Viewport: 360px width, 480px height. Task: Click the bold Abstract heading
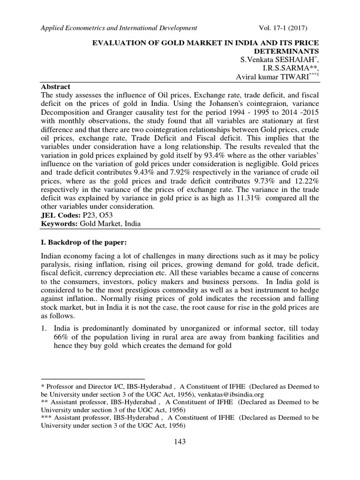point(56,87)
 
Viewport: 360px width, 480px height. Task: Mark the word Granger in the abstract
point(112,113)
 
